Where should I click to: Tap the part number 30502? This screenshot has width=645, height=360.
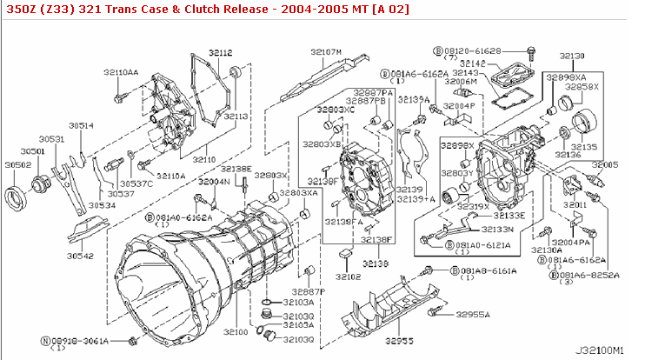[x=17, y=163]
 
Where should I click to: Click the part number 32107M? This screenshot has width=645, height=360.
[x=326, y=52]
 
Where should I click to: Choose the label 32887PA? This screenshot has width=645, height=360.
[x=373, y=91]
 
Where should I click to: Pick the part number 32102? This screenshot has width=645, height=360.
[x=348, y=277]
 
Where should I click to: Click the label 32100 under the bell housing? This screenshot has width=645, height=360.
[x=236, y=332]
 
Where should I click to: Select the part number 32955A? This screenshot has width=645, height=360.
[x=473, y=313]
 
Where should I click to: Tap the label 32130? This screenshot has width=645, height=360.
[x=573, y=55]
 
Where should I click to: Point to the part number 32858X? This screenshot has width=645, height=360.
[x=582, y=87]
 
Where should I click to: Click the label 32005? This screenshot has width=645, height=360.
[x=605, y=163]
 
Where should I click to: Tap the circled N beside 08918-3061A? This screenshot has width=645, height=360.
[x=45, y=340]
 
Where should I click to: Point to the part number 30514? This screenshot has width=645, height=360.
[x=82, y=125]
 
